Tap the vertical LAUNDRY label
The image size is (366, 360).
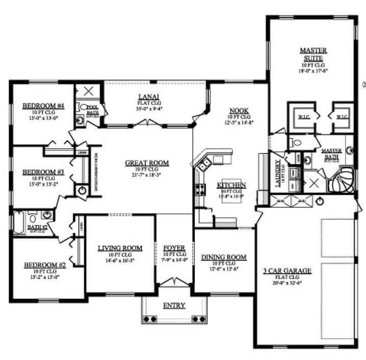pyautogui.click(x=278, y=174)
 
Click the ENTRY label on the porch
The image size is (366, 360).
pyautogui.click(x=174, y=305)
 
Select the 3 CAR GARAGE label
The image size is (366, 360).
pyautogui.click(x=287, y=270)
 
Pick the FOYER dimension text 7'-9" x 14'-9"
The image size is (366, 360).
pyautogui.click(x=174, y=260)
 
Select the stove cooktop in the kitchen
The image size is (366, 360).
pyautogui.click(x=198, y=192)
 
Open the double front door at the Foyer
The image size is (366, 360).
pyautogui.click(x=174, y=281)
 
